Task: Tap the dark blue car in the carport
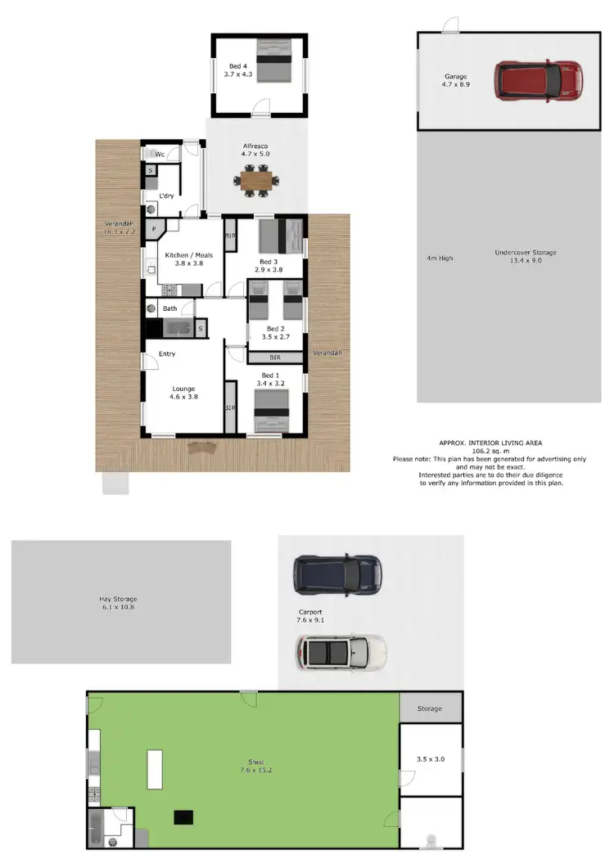(x=338, y=574)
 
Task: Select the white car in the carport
(x=340, y=652)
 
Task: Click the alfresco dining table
(x=256, y=178)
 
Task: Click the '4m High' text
(x=440, y=258)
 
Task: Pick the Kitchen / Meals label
(x=189, y=259)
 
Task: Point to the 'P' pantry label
(x=153, y=231)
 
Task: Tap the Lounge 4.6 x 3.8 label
(x=183, y=393)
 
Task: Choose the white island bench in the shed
(x=154, y=768)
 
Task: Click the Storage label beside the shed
(x=429, y=708)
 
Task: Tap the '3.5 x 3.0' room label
(x=430, y=759)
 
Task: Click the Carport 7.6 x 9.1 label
(x=310, y=615)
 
